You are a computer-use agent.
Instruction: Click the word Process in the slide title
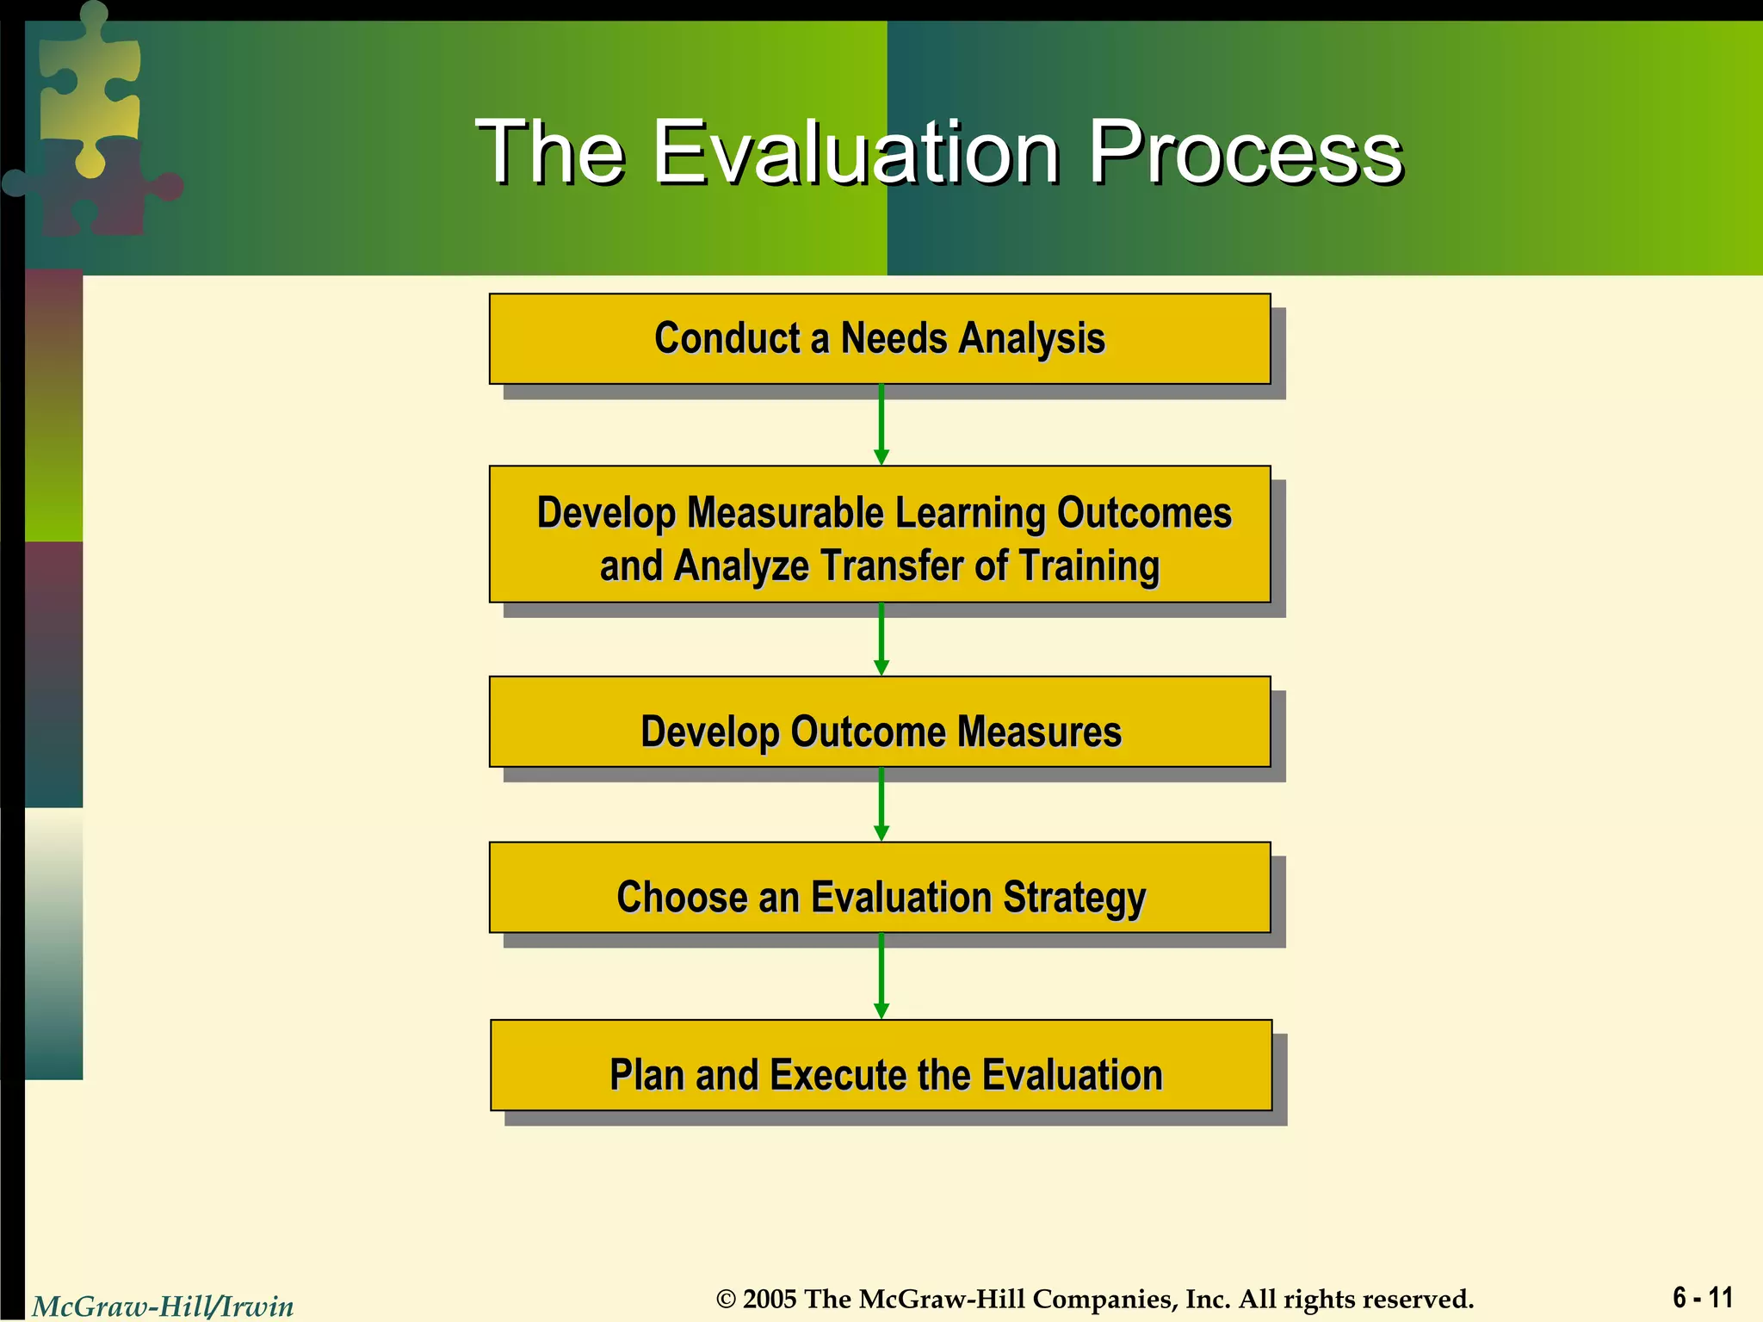(x=1246, y=153)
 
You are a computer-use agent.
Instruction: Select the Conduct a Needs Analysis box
(x=880, y=338)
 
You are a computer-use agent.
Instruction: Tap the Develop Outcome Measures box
(x=880, y=731)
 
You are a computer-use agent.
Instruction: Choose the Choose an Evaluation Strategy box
(x=880, y=896)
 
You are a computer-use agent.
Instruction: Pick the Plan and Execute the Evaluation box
(x=881, y=1073)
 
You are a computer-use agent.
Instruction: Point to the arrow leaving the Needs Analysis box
(x=881, y=424)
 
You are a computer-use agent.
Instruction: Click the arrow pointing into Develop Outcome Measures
(x=881, y=639)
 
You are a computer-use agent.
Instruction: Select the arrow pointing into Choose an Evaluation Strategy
(x=881, y=804)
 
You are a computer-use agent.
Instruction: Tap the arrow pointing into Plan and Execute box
(x=881, y=976)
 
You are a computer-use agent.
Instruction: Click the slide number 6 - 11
(x=1702, y=1296)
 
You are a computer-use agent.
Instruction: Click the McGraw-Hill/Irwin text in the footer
(x=163, y=1307)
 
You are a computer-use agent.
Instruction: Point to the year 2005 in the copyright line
(x=770, y=1299)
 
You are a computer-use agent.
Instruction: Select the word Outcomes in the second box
(x=1144, y=513)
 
